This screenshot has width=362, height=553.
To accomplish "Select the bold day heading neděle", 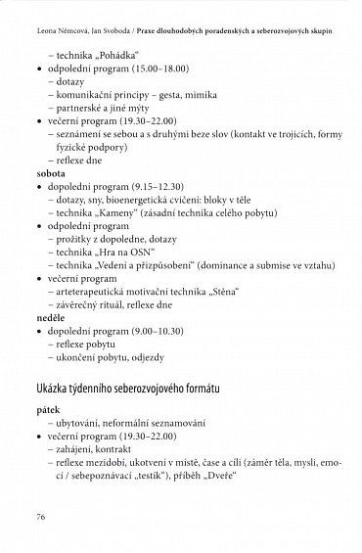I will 48,317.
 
